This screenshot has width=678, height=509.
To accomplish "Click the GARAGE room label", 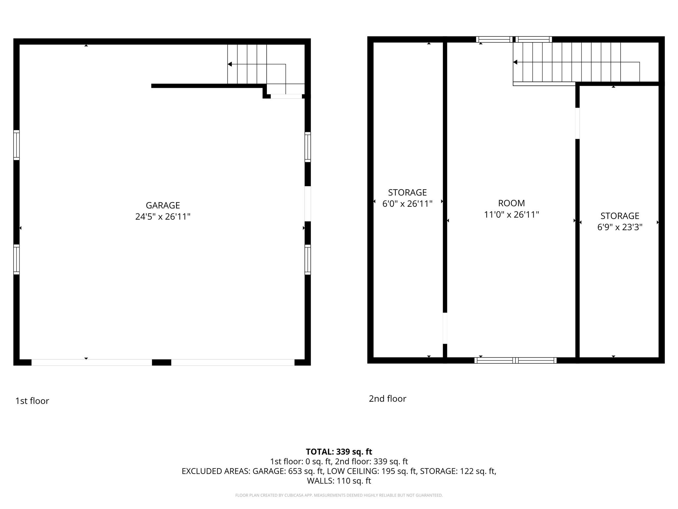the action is point(163,205).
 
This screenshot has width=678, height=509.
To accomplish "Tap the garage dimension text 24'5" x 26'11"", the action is point(163,217).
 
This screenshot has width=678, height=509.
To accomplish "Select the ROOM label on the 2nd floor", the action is point(511,203).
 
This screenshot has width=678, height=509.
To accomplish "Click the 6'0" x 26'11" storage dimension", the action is point(408,204).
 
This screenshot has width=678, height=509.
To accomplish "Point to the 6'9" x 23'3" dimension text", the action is point(620,227).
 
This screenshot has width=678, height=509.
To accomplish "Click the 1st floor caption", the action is point(32,401).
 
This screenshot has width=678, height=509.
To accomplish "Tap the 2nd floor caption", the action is point(387,399).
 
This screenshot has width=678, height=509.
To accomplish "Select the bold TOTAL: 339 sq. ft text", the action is point(339,452).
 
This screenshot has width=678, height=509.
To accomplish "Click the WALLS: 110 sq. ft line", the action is point(339,481).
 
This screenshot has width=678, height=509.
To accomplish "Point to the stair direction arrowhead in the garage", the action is point(230,64).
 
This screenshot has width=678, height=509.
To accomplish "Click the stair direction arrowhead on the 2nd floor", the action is point(515,62).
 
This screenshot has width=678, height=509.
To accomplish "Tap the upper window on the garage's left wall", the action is point(17,145).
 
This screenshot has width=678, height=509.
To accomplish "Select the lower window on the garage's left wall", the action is point(17,259).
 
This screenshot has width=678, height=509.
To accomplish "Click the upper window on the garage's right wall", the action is point(308,147).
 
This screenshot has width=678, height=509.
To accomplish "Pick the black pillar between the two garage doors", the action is point(162,362).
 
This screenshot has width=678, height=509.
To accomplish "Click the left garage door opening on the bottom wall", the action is point(92,362).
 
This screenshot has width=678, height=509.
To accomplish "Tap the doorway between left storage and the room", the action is point(445,328).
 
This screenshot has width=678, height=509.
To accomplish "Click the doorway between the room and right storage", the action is point(577,123).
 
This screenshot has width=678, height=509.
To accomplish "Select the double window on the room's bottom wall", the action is point(515,361).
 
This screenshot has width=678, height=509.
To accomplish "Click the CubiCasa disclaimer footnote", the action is point(339,495).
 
